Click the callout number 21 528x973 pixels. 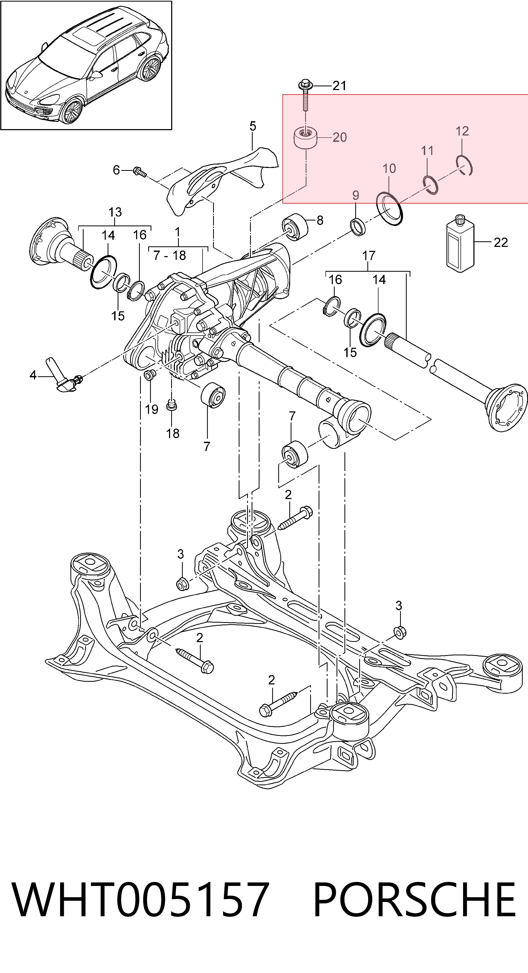point(339,86)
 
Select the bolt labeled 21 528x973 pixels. point(305,95)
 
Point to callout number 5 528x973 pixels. point(252,126)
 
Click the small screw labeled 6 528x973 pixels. point(139,172)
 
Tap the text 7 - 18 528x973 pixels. point(170,256)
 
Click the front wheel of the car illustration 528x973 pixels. point(72,111)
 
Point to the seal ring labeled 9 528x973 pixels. point(358,226)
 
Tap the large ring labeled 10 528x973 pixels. point(390,209)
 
